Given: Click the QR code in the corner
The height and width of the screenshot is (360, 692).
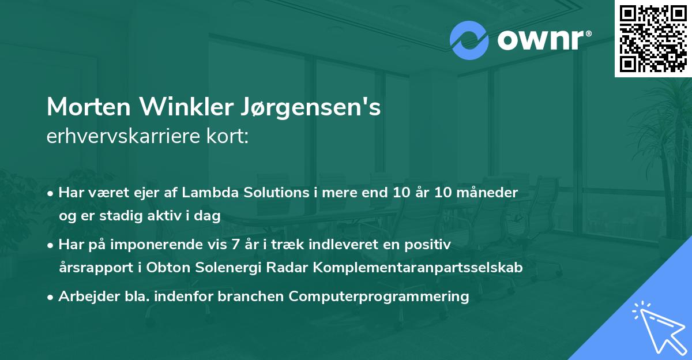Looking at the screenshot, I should click(x=653, y=38).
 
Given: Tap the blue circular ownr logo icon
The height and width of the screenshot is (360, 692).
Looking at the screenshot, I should click(x=469, y=40).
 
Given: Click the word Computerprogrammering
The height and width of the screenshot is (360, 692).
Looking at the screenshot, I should click(x=379, y=297).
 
